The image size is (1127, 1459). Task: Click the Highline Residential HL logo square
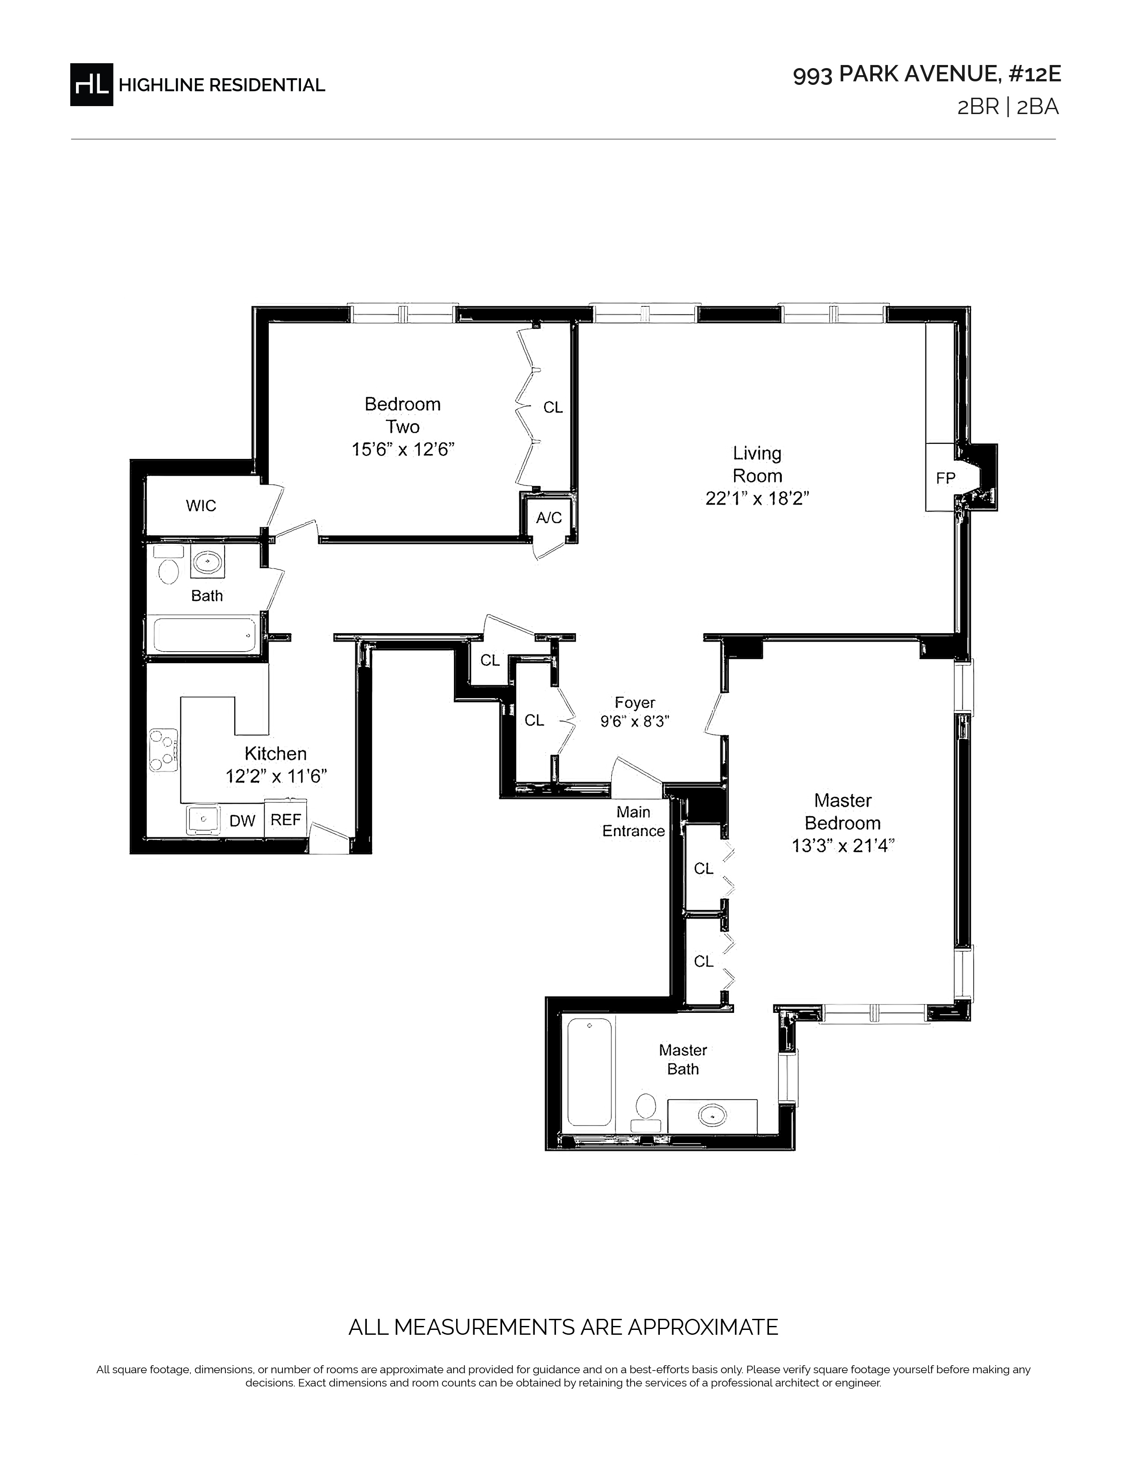tap(91, 84)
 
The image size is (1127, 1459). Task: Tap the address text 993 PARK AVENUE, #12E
tap(927, 75)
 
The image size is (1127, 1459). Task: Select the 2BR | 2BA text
tap(1008, 107)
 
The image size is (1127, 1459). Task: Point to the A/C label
tap(549, 517)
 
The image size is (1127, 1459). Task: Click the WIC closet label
tap(201, 506)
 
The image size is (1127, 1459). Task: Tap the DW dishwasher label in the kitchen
tap(242, 821)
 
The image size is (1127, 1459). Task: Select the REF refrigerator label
tap(286, 820)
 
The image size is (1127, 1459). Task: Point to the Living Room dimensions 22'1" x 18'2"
tap(757, 498)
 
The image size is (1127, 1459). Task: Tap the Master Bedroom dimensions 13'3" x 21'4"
tap(842, 846)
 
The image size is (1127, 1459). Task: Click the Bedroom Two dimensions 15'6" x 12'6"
tap(403, 450)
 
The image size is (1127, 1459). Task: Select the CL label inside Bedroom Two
tap(553, 408)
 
